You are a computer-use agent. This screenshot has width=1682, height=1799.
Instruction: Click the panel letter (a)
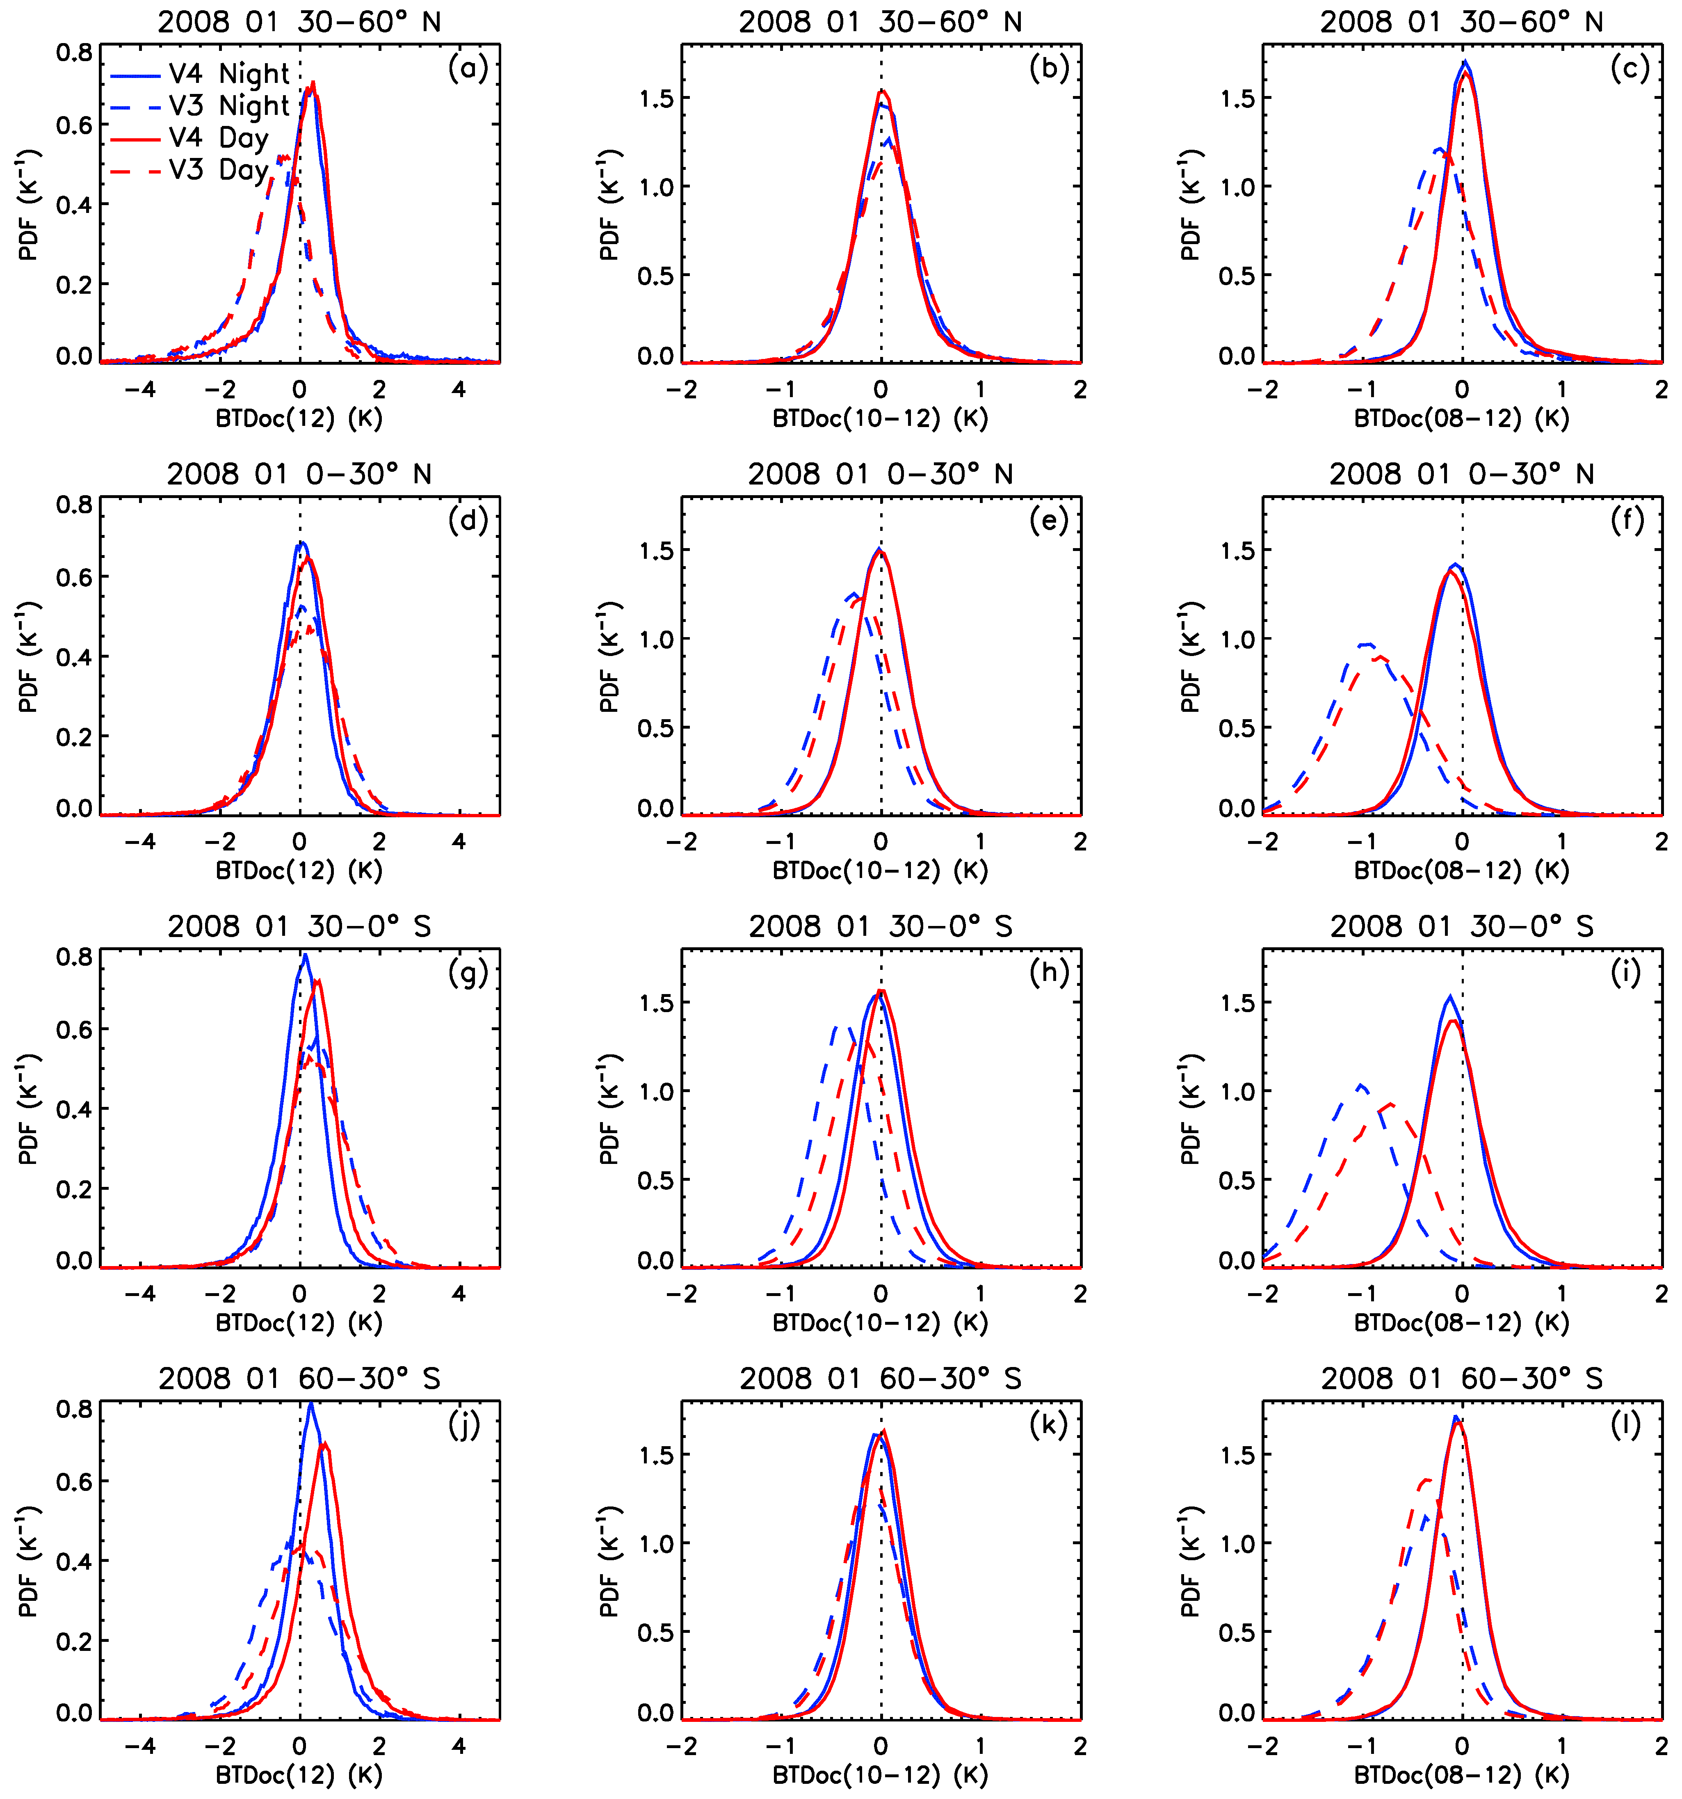[x=468, y=68]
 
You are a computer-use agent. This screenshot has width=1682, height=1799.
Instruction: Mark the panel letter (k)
[x=1049, y=1425]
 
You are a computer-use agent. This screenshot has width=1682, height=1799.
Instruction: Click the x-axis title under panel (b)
[x=880, y=419]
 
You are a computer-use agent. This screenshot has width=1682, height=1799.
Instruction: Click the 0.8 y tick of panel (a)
[x=74, y=53]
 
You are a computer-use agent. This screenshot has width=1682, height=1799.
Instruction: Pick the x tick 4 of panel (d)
[x=459, y=843]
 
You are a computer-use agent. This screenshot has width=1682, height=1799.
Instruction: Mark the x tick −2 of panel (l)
[x=1262, y=1747]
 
